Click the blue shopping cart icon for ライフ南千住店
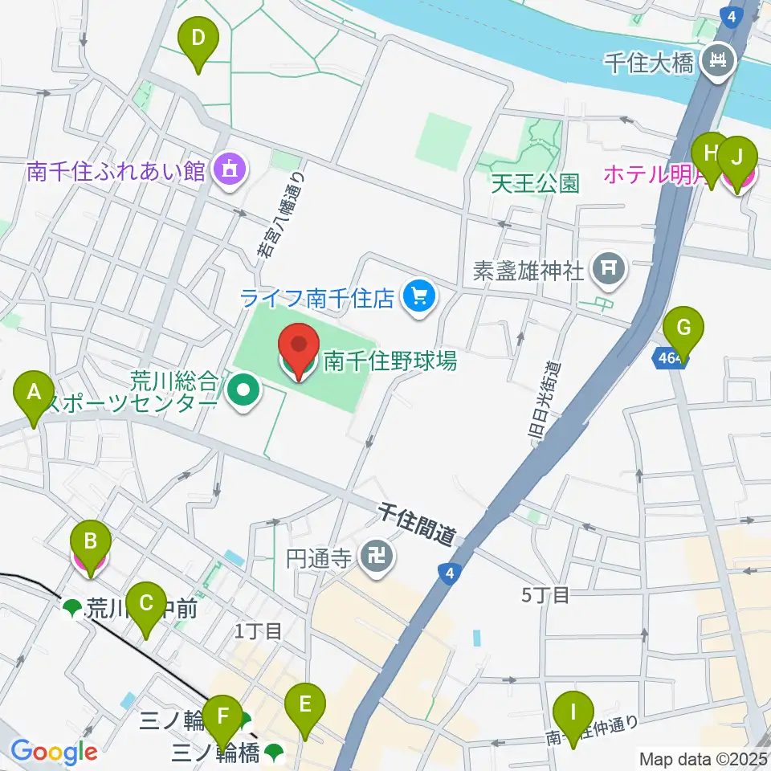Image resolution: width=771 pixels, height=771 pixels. click(x=418, y=298)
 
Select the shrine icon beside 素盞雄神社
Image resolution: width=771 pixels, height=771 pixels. click(x=609, y=270)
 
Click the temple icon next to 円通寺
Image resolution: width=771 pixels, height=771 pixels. click(x=374, y=557)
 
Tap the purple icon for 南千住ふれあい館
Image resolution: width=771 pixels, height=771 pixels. click(x=230, y=170)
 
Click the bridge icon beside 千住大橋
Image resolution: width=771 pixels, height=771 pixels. click(x=714, y=62)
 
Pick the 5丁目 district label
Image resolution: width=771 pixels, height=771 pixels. click(x=545, y=595)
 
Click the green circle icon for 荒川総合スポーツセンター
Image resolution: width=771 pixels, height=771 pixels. click(x=240, y=391)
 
